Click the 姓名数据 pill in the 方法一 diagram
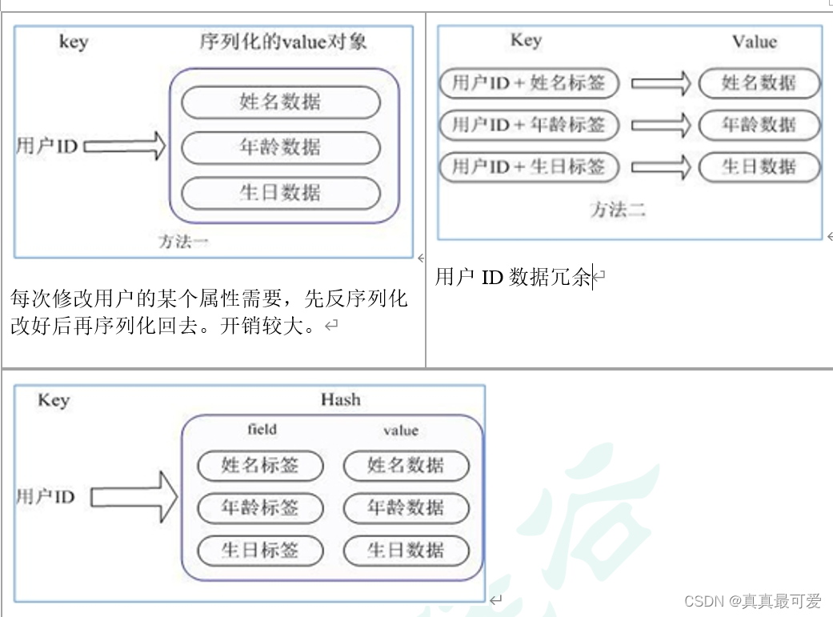tap(280, 102)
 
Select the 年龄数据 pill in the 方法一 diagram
tap(280, 147)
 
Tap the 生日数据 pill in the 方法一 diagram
tap(280, 193)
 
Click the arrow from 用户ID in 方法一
tap(124, 146)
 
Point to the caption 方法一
tap(183, 241)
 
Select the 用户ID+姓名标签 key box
tap(529, 82)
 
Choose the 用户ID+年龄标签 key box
tap(529, 125)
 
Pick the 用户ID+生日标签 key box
tap(529, 166)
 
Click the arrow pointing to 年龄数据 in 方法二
tap(661, 125)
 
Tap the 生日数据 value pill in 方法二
tap(759, 166)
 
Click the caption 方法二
tap(618, 210)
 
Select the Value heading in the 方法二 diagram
tap(755, 42)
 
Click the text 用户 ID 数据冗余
tap(512, 277)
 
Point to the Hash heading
tap(341, 399)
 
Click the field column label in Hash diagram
tap(262, 430)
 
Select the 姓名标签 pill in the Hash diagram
tap(260, 465)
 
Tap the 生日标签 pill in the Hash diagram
tap(260, 550)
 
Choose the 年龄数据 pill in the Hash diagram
tap(406, 507)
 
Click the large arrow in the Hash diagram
tap(134, 497)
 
